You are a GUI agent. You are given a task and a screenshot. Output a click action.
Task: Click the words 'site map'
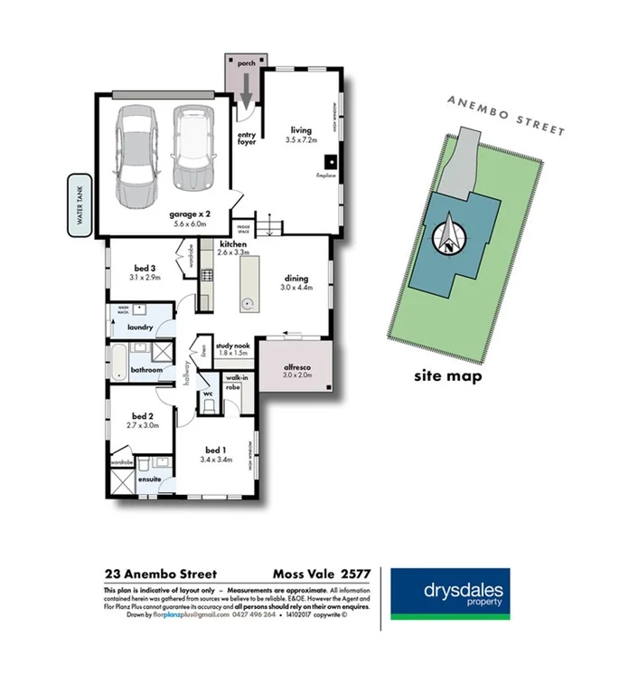[447, 375]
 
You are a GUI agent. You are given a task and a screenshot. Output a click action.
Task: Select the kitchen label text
[232, 245]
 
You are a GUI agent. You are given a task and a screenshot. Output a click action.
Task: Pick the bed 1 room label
[214, 450]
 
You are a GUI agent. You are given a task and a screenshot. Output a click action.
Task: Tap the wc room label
[207, 394]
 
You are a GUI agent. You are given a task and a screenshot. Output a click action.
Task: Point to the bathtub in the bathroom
[117, 361]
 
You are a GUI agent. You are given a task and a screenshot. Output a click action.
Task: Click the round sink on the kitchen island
[247, 305]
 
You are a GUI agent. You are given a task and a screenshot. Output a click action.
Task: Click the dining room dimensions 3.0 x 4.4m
[296, 288]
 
